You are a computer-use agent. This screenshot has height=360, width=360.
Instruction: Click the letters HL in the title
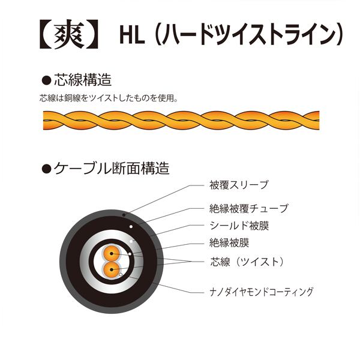click(130, 35)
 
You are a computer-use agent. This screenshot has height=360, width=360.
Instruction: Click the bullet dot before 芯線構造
click(44, 80)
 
